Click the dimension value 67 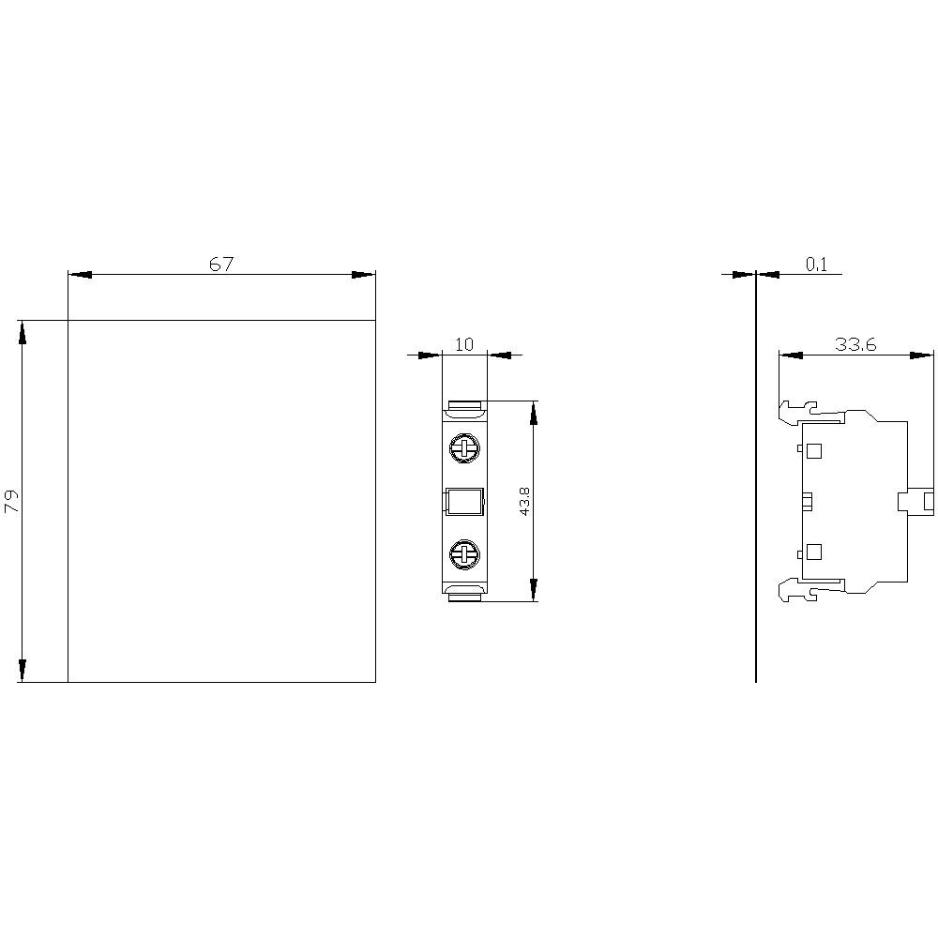pos(220,265)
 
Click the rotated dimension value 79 pos(12,501)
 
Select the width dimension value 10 pos(464,344)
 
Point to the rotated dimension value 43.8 pos(524,501)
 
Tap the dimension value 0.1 pos(817,265)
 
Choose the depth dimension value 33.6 pos(855,344)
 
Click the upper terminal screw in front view pos(463,447)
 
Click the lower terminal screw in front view pos(463,554)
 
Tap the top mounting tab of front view pos(464,407)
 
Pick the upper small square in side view pos(813,451)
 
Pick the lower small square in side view pos(813,552)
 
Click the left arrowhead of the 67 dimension pos(81,275)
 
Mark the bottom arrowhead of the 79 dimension pos(22,670)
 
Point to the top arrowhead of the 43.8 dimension pos(534,413)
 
